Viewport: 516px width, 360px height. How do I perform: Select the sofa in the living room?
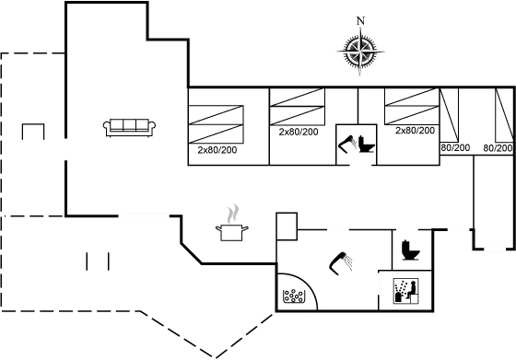point(132,127)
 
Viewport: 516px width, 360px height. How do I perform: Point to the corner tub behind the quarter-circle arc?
point(292,296)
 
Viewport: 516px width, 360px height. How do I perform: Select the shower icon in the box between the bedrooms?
point(356,143)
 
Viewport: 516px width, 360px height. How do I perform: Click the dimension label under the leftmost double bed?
point(217,150)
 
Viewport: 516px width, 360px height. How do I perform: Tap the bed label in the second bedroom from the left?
point(297,134)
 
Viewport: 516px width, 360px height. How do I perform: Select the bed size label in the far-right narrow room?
point(498,147)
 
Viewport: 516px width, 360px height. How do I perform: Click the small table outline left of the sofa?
point(34,130)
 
